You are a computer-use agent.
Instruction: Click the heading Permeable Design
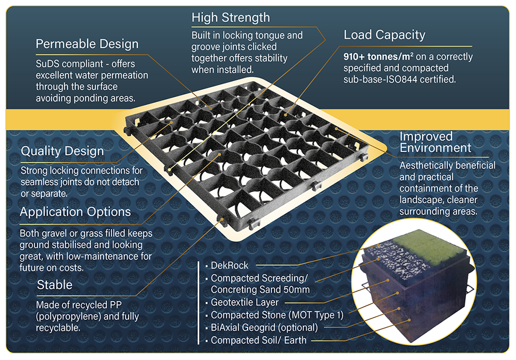click(87, 44)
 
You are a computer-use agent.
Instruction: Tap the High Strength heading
click(230, 18)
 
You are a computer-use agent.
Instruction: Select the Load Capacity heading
click(384, 35)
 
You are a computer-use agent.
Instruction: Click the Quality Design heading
click(62, 152)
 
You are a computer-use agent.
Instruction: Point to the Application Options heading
click(75, 212)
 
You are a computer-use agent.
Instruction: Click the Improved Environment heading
click(436, 142)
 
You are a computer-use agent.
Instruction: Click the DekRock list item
click(230, 265)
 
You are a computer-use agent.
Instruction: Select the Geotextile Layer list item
click(245, 303)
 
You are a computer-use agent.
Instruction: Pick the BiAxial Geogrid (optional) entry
click(265, 327)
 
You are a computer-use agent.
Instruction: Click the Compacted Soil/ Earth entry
click(259, 340)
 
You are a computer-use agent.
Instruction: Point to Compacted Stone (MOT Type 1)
click(277, 315)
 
